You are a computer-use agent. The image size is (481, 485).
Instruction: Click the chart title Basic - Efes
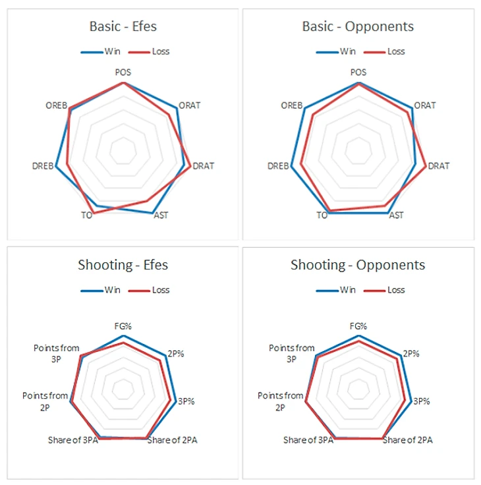point(123,27)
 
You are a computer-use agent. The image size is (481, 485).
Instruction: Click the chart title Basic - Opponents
point(358,27)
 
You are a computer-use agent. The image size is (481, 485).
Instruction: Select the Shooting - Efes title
point(123,265)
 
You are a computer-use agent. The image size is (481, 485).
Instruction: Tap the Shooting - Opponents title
point(358,265)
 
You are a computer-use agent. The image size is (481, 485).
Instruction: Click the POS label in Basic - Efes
point(123,72)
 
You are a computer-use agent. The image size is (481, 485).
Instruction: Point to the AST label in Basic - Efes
point(160,215)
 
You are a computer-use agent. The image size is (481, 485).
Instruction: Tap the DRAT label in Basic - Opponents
point(439,166)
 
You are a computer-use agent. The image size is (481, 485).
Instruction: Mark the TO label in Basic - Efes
point(86,215)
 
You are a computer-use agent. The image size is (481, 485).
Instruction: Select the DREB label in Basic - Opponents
point(278,166)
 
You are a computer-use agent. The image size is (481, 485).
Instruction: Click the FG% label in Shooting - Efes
point(123,326)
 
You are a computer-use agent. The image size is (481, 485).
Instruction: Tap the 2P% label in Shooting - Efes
point(175,353)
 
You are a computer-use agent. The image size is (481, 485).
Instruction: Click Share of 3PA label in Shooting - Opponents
point(308,440)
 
